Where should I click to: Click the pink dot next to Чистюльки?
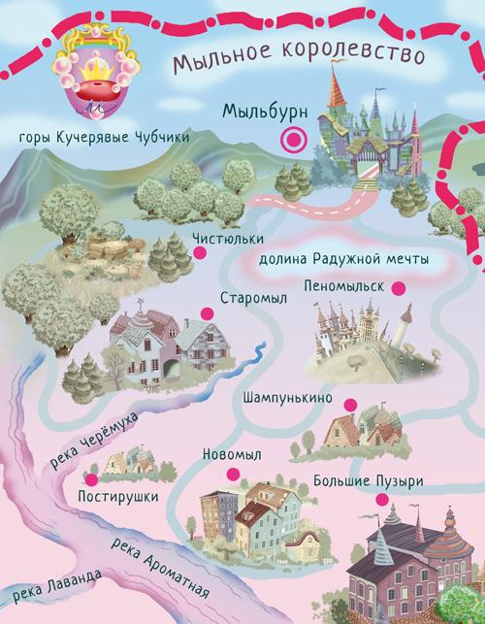click(x=200, y=251)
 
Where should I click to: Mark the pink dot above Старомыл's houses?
click(x=206, y=312)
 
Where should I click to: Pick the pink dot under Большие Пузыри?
click(x=383, y=500)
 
